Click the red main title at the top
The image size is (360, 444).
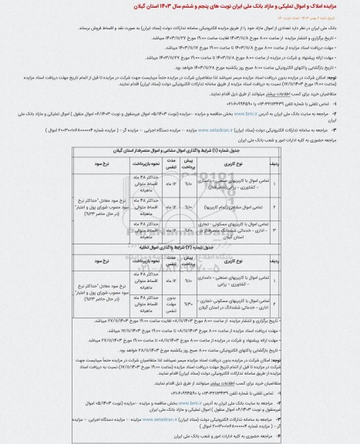180,8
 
